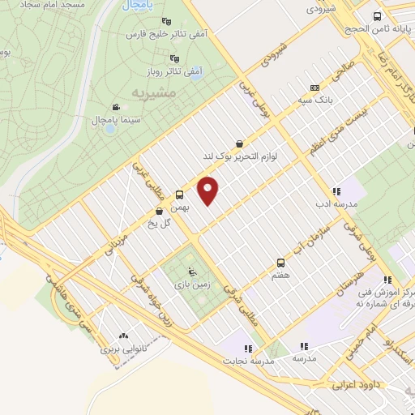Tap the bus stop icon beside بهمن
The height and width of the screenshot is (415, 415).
[180, 195]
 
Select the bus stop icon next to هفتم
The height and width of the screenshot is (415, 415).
[280, 263]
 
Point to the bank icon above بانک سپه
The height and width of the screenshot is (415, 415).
[314, 88]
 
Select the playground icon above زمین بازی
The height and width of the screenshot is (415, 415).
[191, 272]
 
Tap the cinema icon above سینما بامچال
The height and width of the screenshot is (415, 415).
[116, 106]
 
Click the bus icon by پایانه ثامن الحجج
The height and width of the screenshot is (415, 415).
[377, 16]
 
